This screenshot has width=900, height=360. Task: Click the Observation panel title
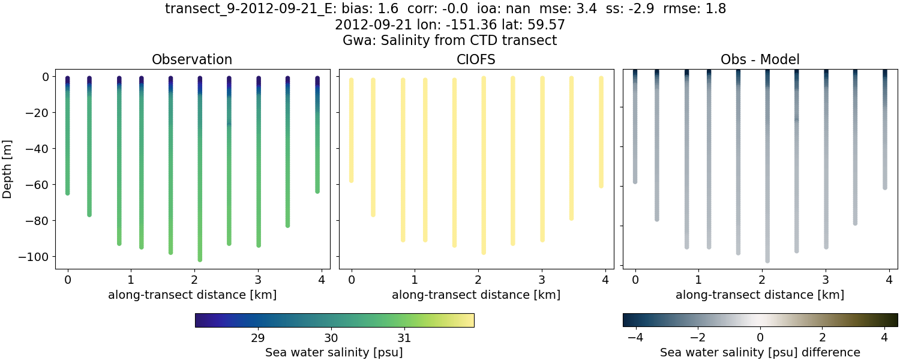click(x=192, y=59)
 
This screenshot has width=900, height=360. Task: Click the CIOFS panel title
click(x=476, y=59)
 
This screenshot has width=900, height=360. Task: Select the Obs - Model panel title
click(x=760, y=59)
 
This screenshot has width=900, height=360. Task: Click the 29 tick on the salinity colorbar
click(x=258, y=338)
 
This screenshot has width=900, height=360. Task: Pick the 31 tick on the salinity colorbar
click(x=404, y=338)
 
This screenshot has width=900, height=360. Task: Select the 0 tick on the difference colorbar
click(x=760, y=338)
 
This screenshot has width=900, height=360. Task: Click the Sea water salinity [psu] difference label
click(x=760, y=352)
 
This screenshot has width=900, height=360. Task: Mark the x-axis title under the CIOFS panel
click(x=476, y=295)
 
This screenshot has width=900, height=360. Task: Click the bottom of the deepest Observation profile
click(x=200, y=259)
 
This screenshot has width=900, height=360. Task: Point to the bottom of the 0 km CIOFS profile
click(x=352, y=180)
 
